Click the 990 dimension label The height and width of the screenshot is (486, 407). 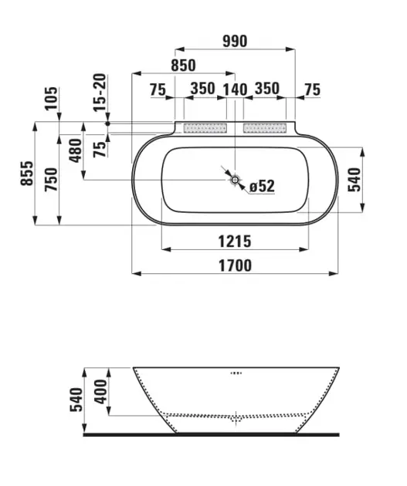click(x=235, y=42)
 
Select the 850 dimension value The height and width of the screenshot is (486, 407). click(x=183, y=66)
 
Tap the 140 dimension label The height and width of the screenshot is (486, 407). click(x=235, y=90)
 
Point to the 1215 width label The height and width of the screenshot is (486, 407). click(x=235, y=241)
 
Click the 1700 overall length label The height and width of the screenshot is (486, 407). click(x=235, y=266)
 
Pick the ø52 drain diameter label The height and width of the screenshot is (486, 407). click(x=262, y=186)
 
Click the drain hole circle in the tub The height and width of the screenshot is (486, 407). click(x=235, y=180)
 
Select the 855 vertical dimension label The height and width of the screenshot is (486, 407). click(x=27, y=174)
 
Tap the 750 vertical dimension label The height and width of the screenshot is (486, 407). click(x=52, y=179)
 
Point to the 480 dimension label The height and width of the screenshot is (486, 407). click(x=76, y=150)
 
